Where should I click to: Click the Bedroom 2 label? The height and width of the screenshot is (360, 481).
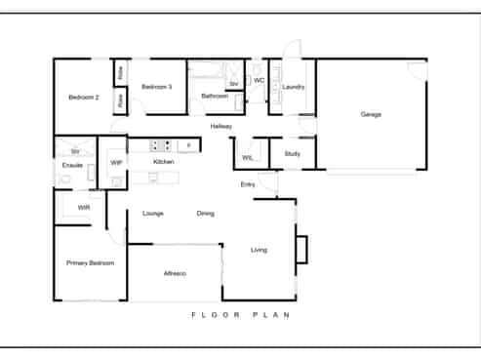coord(84,98)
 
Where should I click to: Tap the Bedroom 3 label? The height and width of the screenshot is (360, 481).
coord(157,87)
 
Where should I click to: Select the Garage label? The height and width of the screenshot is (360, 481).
coord(371,114)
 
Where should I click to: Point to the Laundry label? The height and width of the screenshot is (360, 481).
coord(294,87)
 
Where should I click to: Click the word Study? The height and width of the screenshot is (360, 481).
coord(293,154)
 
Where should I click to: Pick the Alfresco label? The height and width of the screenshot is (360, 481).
coord(175,273)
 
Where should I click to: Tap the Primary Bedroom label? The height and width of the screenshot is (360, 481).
coord(91,263)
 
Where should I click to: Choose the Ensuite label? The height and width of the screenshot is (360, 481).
coord(72,165)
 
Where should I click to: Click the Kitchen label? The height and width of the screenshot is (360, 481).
coord(164,162)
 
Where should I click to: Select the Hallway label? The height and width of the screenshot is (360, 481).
coord(221,126)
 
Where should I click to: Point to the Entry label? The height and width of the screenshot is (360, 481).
coord(248,184)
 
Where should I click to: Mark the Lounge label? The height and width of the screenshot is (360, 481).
coord(153,214)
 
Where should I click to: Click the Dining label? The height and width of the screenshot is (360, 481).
coord(206,214)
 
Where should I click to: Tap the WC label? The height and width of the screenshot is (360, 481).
coord(259,80)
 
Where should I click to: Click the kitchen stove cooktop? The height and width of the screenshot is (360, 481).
coord(160,145)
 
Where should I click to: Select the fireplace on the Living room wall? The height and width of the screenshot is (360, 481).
coord(301,250)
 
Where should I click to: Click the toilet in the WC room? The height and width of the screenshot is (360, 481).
coord(257,68)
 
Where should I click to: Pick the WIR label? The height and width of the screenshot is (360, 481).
coord(84,208)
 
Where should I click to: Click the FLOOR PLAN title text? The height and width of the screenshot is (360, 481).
coord(241,315)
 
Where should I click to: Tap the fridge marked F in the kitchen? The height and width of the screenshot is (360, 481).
coord(188,145)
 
